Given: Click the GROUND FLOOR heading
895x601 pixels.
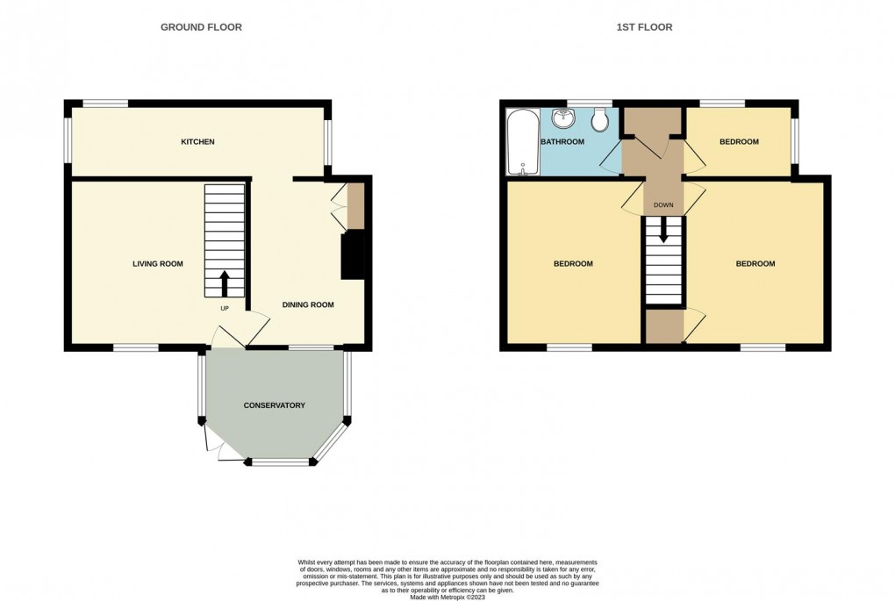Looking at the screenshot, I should coord(201,27).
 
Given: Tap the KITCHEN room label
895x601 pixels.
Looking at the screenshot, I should coord(197,142).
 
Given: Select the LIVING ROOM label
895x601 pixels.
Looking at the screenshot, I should coord(158,264).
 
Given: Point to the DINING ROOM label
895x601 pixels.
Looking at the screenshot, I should coord(308,305).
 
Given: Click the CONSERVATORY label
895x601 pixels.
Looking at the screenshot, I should coord(275,405).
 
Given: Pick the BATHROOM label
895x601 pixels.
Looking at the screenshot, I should coord(562,142).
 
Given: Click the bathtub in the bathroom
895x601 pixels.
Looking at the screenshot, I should coord(520,142).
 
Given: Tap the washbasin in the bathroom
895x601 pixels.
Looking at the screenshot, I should coord(562,118).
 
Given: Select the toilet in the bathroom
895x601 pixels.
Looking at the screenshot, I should coord(600,119).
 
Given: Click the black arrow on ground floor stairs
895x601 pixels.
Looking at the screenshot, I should coord(224,283).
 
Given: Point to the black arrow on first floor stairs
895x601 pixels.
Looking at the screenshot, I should coord(663,230).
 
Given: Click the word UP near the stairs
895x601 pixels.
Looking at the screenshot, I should coord(224,309).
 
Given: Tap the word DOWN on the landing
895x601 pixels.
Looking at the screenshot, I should coord(663,206).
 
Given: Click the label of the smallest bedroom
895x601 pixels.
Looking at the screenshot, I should coord(739,142).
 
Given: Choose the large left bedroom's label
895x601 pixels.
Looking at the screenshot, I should coord(573,264).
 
